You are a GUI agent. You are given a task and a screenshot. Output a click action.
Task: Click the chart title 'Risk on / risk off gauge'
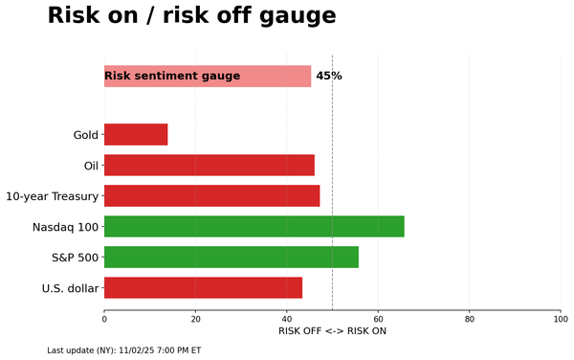click(191, 16)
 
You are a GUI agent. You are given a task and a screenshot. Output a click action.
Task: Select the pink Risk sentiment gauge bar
click(207, 77)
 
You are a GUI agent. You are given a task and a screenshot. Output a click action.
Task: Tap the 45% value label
click(328, 77)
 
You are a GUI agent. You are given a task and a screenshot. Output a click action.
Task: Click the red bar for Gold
click(136, 135)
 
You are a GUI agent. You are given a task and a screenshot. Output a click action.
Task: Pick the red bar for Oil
click(209, 166)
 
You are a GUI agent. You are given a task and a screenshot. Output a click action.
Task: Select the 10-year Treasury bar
click(211, 196)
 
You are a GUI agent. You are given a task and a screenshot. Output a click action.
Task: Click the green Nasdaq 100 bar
click(254, 227)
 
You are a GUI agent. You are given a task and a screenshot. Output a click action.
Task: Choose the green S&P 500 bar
click(231, 258)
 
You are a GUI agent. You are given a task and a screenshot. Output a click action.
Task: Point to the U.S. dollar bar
click(203, 288)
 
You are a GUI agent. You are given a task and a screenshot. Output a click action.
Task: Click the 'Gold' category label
click(85, 135)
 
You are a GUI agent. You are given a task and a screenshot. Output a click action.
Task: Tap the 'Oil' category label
click(91, 166)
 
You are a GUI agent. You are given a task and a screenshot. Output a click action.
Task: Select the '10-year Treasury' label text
click(52, 196)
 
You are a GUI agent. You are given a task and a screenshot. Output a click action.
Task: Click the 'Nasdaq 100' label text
click(65, 227)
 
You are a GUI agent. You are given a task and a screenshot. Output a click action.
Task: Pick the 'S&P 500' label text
click(75, 258)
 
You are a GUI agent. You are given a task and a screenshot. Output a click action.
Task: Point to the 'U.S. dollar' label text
click(70, 288)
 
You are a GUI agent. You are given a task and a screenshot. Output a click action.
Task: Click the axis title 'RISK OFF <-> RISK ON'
click(332, 331)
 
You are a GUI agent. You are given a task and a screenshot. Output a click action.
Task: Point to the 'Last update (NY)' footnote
click(123, 350)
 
